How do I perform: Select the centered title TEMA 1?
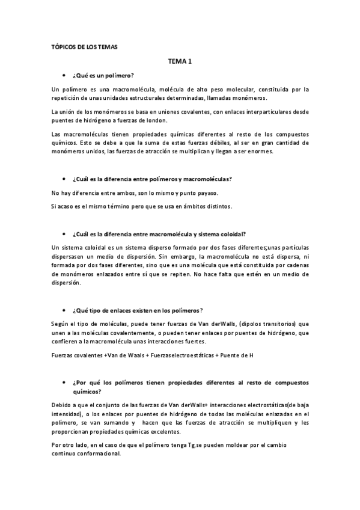tap(180, 61)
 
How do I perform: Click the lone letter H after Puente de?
tap(251, 355)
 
